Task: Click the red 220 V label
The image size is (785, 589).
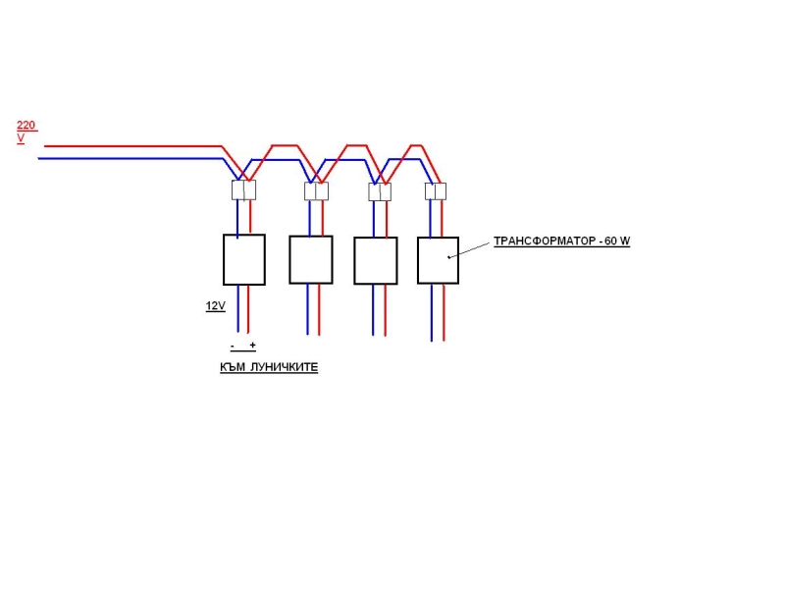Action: click(27, 132)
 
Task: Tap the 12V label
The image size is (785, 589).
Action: click(215, 306)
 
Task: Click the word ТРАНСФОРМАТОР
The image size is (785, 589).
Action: click(544, 241)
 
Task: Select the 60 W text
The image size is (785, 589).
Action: click(617, 241)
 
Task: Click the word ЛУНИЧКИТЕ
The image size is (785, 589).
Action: click(284, 367)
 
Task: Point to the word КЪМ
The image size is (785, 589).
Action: click(233, 367)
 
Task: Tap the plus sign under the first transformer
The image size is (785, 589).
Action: click(253, 346)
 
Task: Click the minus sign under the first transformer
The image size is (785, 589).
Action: click(233, 346)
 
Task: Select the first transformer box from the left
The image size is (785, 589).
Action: click(243, 259)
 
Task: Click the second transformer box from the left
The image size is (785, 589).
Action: click(311, 260)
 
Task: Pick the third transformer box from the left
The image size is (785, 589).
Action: click(376, 260)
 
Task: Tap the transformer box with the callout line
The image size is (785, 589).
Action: click(438, 260)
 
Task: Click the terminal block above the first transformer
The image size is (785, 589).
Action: click(243, 190)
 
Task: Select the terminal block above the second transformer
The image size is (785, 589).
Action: click(316, 191)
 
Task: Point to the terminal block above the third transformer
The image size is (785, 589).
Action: click(380, 191)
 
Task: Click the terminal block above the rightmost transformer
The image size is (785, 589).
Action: click(436, 191)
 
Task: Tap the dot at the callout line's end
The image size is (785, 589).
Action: click(449, 257)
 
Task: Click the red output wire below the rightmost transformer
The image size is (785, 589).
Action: click(444, 312)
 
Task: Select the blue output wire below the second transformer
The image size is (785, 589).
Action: click(307, 309)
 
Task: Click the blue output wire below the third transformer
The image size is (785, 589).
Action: click(373, 310)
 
